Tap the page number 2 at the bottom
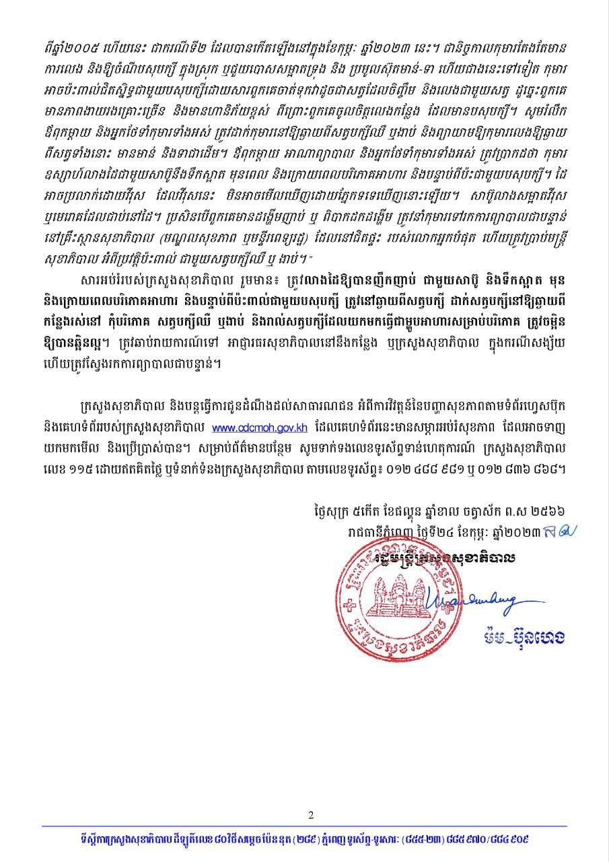pos(311,816)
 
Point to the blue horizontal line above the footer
pos(304,826)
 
